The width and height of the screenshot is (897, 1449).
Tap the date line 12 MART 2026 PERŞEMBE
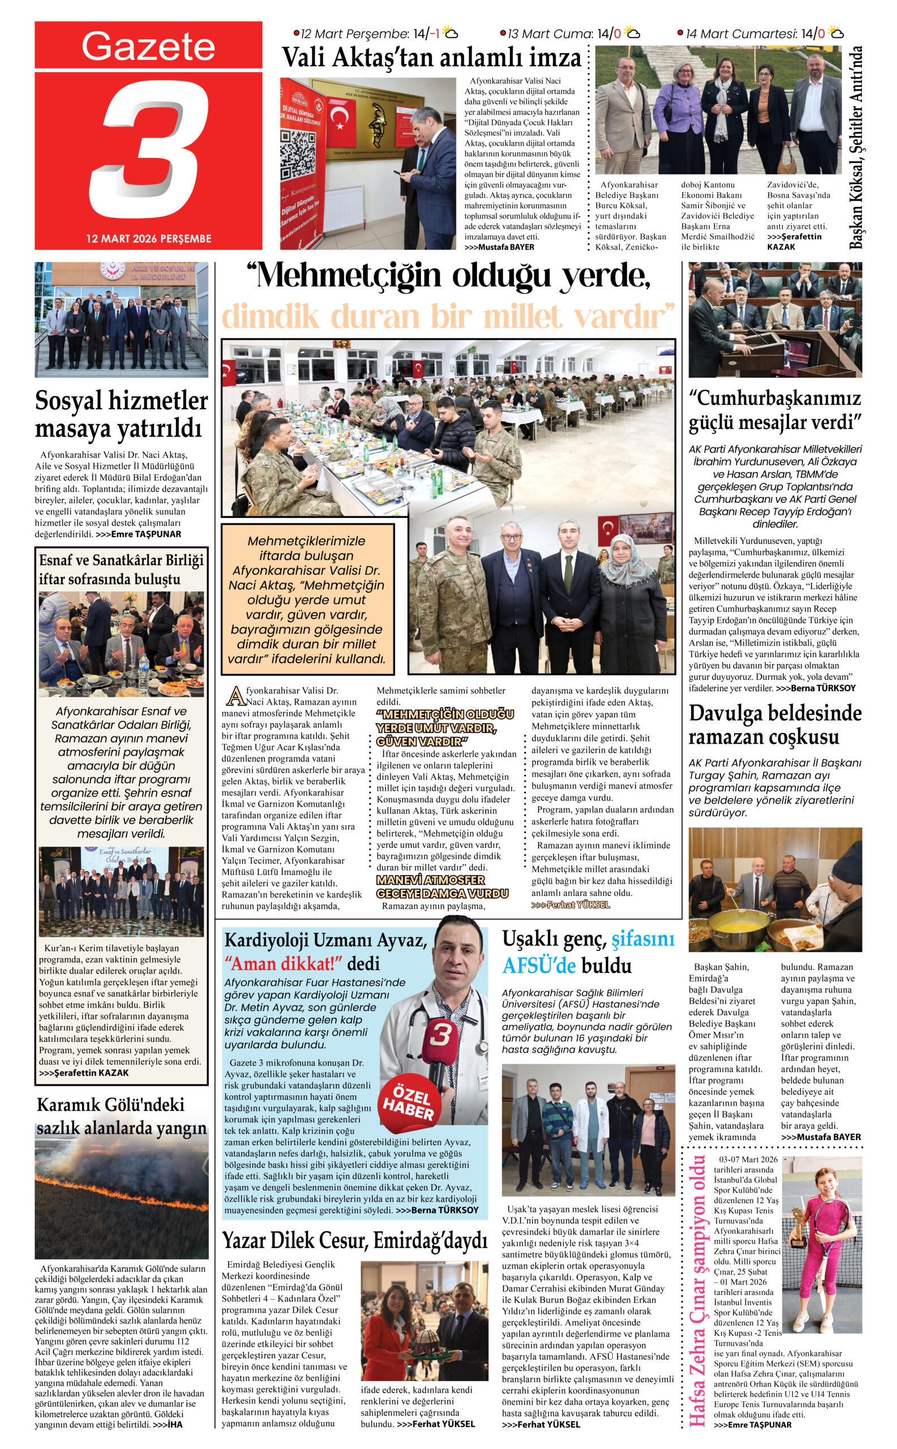point(148,238)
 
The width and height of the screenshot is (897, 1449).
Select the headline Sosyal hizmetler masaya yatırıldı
point(121,414)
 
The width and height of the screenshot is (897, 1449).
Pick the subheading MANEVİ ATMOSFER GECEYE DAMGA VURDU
point(442,886)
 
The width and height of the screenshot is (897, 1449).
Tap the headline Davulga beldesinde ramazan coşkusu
point(775,724)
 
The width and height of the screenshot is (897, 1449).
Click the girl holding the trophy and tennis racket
point(822,1245)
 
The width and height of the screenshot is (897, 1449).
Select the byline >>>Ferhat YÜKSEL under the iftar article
point(570,905)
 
